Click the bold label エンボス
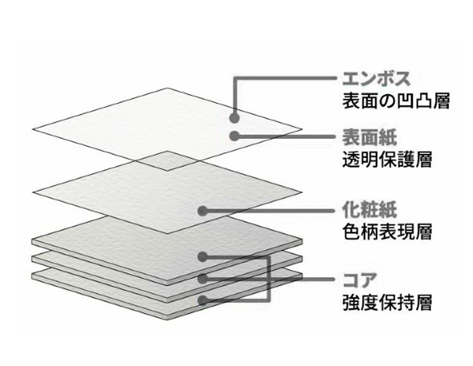367,80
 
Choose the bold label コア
354,279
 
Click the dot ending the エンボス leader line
234,117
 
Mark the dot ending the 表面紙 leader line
234,136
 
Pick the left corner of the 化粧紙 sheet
33,191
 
